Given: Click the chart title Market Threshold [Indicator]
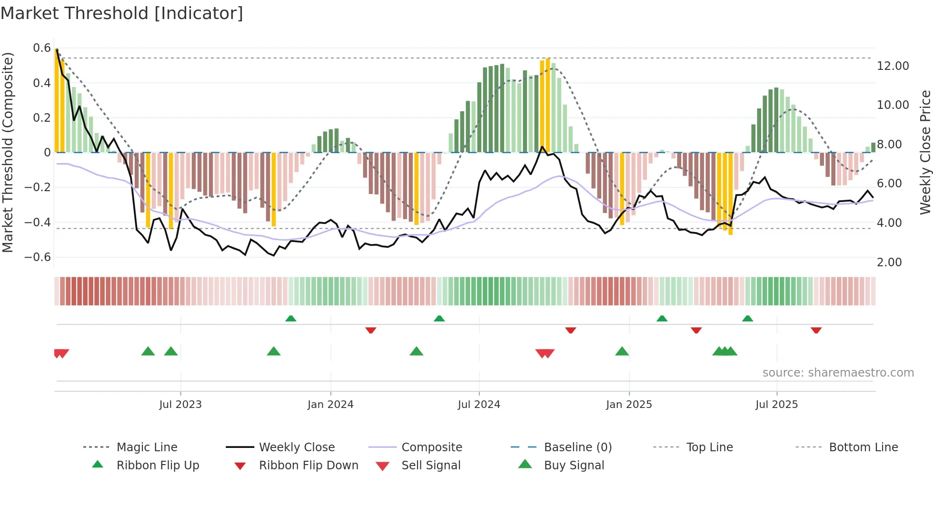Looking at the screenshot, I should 122,13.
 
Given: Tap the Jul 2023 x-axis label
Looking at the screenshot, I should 180,405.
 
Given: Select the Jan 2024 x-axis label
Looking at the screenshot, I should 330,405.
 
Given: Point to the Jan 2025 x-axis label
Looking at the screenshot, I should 629,405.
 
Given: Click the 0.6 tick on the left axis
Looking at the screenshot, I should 42,48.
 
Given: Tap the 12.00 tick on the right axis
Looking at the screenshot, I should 893,66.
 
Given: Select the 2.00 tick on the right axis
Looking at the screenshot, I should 889,262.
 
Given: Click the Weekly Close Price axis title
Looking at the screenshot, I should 925,152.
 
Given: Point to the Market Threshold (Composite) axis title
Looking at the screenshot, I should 8,152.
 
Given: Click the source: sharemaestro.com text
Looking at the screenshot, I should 838,373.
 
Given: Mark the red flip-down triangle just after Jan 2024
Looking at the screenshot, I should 371,330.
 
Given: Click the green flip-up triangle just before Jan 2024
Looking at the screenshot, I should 291,319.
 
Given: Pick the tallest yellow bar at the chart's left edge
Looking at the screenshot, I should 57,100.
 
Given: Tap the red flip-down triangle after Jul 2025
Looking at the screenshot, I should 816,330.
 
